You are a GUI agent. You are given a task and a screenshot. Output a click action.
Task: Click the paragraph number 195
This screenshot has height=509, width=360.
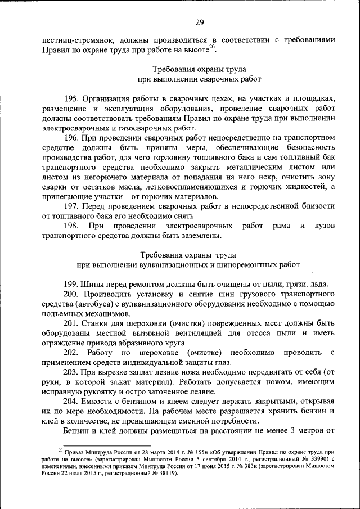click(x=71, y=98)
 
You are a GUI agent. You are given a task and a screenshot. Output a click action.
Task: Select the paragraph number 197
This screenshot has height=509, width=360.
click(x=71, y=206)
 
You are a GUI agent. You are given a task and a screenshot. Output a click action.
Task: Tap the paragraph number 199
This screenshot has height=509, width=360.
click(x=71, y=283)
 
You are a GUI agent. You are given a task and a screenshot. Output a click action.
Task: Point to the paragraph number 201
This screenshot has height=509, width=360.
click(x=71, y=324)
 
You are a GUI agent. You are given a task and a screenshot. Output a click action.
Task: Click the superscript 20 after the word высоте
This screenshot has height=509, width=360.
click(x=211, y=47)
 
